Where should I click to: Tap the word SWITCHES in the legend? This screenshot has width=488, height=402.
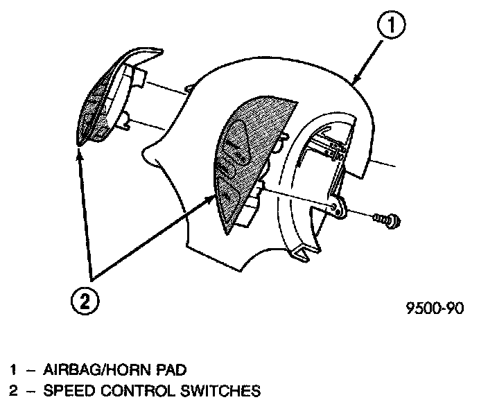click(216, 392)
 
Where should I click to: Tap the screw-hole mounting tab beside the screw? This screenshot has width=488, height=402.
click(338, 208)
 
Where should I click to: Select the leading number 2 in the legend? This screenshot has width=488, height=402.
click(12, 392)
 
